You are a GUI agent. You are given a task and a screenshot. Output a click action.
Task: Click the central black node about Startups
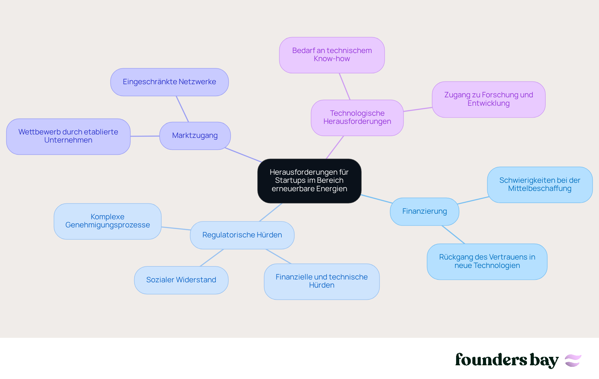309,181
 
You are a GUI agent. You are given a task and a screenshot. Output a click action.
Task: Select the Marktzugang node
195,136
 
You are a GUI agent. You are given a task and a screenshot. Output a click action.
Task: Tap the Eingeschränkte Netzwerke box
169,82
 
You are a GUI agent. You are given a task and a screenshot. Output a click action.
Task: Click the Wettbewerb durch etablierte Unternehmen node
68,136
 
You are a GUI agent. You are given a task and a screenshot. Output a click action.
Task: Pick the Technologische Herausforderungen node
357,118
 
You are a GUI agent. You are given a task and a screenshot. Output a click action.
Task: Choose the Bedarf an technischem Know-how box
332,55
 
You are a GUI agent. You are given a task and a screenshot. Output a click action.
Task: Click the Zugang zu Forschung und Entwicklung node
489,100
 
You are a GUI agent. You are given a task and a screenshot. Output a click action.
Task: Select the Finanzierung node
425,211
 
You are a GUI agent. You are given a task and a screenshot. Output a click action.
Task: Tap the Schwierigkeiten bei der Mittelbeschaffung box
540,185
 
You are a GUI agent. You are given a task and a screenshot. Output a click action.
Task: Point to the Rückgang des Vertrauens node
487,261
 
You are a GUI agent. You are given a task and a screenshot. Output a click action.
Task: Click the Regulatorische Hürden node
242,235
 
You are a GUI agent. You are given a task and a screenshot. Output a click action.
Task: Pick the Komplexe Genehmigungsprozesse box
108,221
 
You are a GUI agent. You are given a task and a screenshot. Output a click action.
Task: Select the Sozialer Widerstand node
181,280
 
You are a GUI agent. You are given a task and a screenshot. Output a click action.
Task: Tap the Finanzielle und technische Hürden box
322,281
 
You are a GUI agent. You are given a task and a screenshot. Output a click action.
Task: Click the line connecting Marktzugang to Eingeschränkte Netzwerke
183,109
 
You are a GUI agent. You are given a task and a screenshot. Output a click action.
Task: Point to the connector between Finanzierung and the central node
377,199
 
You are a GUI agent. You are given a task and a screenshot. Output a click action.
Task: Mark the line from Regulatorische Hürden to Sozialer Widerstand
212,258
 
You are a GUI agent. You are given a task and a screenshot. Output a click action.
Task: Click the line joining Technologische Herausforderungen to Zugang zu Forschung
418,109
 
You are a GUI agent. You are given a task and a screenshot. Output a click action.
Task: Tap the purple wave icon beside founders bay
573,361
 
